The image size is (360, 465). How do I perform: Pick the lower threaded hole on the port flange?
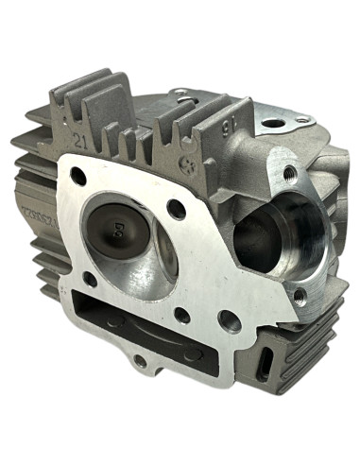tap(300, 296)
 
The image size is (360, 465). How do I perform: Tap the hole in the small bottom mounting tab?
tap(140, 360)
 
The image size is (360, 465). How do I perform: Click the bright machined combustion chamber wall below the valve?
tap(142, 279)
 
